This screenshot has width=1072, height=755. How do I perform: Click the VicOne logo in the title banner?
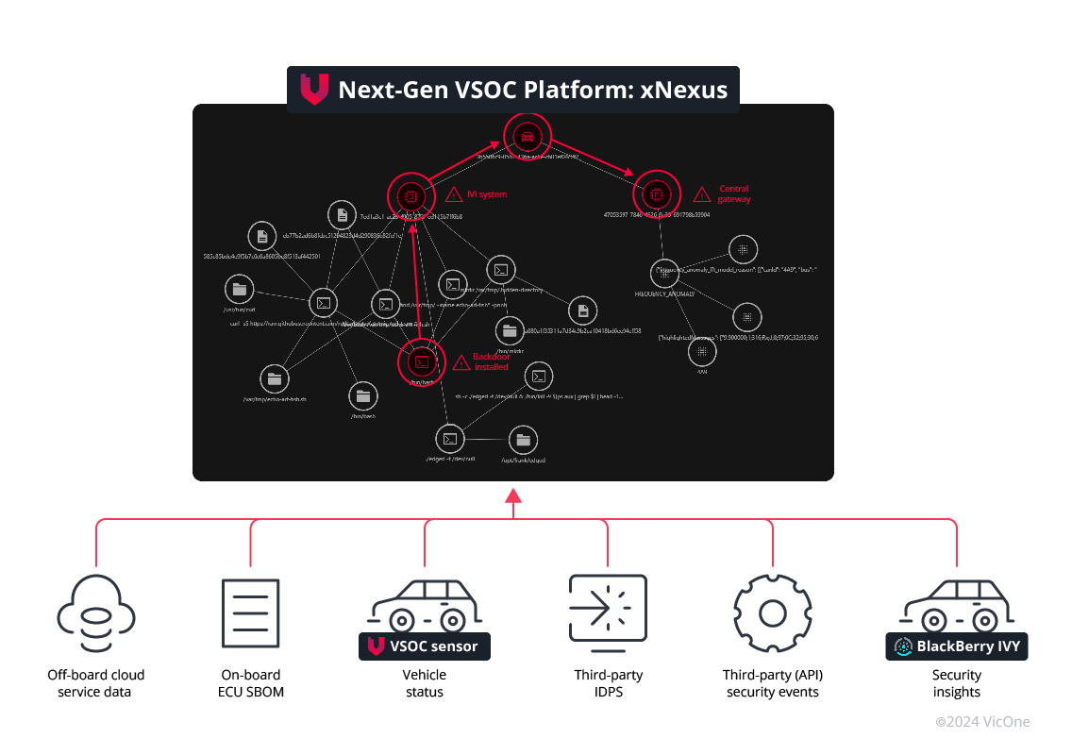(313, 90)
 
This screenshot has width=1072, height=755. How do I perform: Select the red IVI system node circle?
(409, 196)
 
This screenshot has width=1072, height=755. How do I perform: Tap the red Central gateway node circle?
(657, 194)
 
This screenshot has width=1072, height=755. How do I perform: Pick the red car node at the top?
(526, 136)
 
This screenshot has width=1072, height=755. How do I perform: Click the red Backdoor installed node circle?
(422, 361)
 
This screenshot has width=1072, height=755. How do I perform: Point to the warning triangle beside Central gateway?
(702, 194)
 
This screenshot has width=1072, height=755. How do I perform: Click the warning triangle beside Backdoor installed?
(461, 361)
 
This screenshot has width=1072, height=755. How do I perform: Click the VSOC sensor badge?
(425, 646)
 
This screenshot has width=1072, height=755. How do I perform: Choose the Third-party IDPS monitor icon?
(607, 612)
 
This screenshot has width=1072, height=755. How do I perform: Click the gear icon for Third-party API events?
(773, 612)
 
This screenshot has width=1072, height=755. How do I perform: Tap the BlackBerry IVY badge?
(957, 646)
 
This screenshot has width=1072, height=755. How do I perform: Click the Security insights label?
(957, 683)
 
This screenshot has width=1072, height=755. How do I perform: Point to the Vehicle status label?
(425, 683)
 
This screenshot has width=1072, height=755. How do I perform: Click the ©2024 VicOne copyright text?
(982, 722)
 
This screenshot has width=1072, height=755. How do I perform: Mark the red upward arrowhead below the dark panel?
(512, 496)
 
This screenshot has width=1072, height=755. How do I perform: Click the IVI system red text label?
(488, 194)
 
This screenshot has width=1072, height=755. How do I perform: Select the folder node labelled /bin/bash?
(363, 396)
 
